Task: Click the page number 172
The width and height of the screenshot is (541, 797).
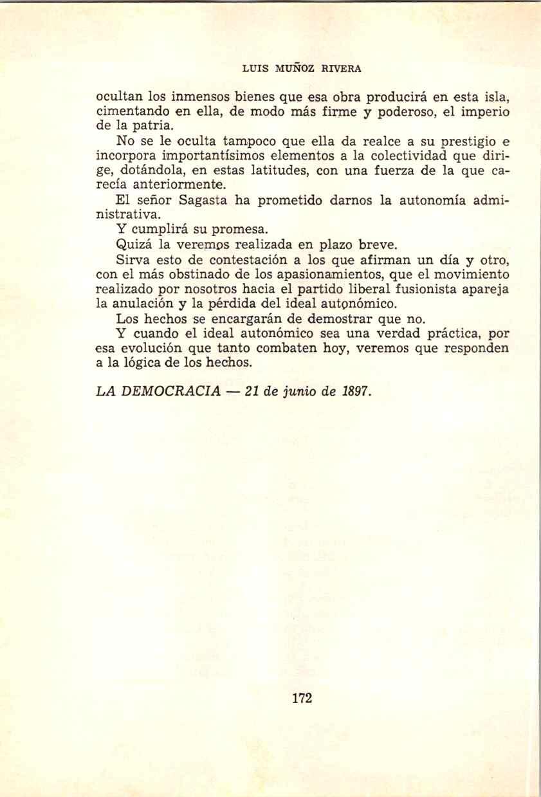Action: coord(302,698)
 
